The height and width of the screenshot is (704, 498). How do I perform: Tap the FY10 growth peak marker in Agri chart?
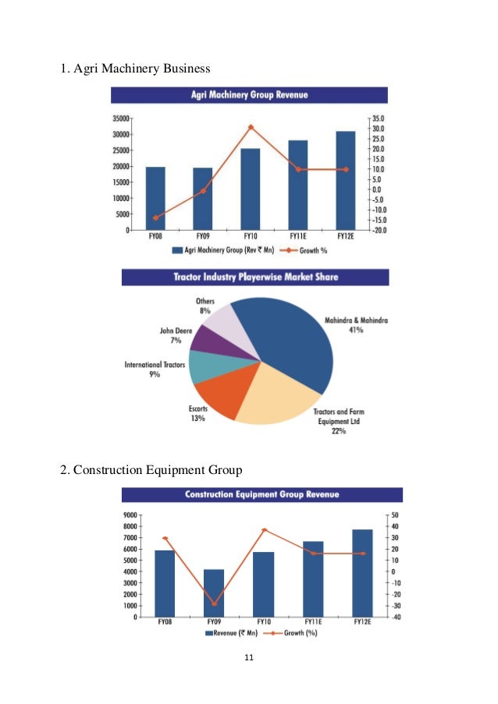251,127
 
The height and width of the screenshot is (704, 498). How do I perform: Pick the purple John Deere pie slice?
208,338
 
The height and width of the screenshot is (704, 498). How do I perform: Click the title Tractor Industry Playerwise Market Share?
254,277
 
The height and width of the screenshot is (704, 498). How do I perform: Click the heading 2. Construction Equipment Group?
151,469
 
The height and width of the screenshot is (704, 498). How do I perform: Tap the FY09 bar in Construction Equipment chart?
214,593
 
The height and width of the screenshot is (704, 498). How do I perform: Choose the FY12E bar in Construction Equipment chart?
362,573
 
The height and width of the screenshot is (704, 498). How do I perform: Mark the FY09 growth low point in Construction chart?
214,604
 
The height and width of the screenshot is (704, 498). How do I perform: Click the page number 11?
249,660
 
